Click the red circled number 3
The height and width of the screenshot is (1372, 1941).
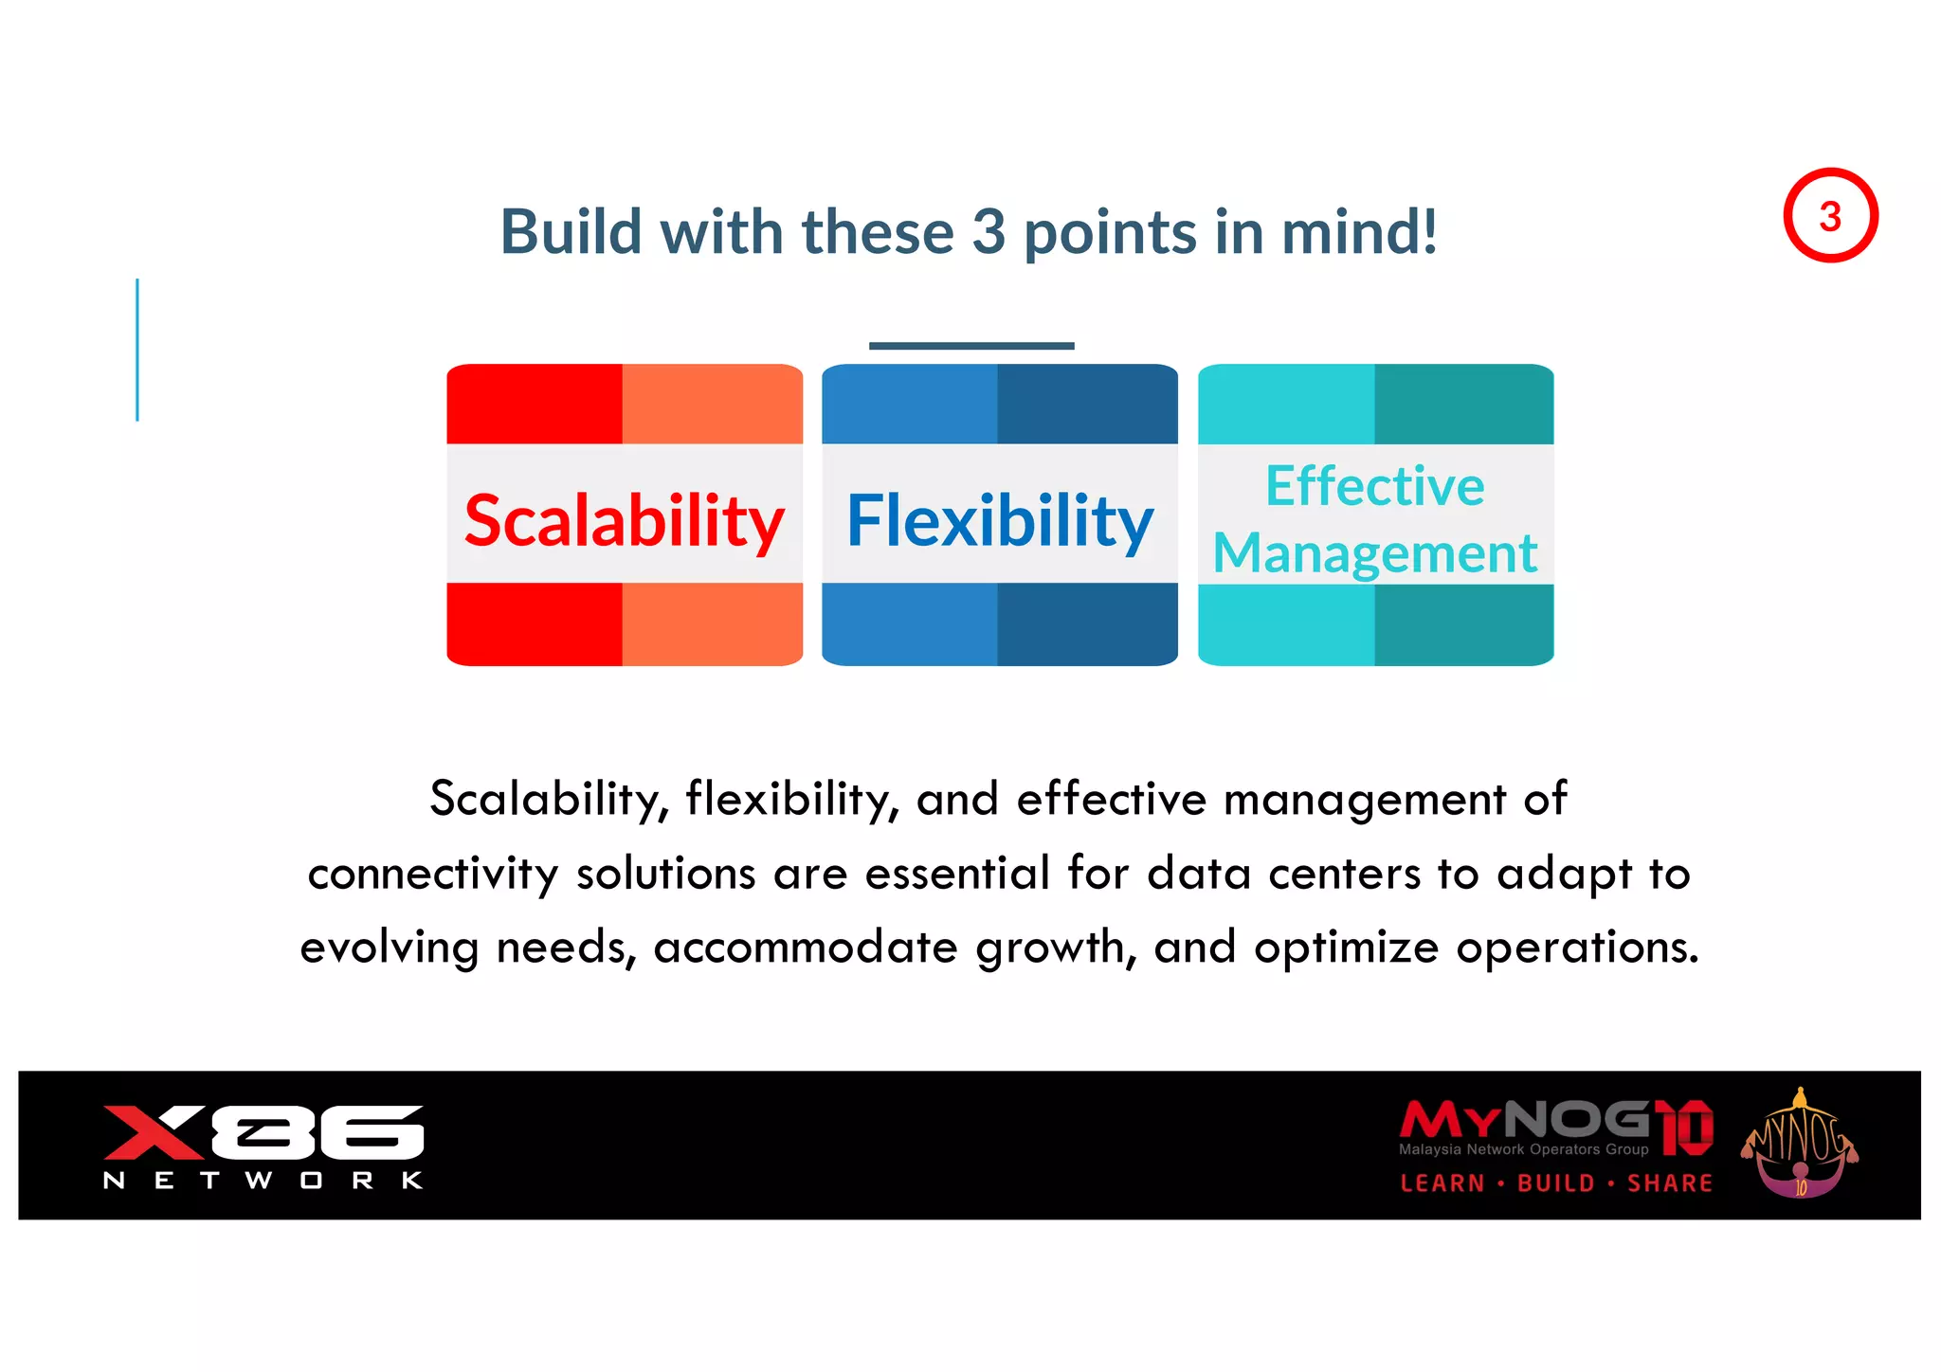click(1830, 216)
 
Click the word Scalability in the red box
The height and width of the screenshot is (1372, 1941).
click(624, 520)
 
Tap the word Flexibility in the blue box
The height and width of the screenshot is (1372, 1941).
click(999, 520)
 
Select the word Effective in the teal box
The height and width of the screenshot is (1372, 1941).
click(1374, 486)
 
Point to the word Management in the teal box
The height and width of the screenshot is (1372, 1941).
click(1374, 553)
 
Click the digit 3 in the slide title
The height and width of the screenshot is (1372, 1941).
click(989, 231)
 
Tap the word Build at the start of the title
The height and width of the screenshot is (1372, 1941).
click(571, 231)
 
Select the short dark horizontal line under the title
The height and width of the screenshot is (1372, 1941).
click(970, 346)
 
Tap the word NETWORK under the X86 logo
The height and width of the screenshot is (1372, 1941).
click(263, 1181)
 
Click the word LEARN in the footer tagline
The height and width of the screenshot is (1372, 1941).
click(1442, 1183)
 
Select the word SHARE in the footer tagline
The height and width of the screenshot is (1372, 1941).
click(1670, 1183)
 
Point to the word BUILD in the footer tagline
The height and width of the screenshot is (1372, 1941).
click(1556, 1183)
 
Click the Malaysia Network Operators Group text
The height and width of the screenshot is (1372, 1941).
click(1523, 1149)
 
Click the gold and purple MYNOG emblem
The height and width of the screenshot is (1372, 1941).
click(1799, 1145)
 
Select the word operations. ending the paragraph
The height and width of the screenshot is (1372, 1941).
click(1577, 947)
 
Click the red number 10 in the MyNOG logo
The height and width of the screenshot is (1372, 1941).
click(1687, 1128)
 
